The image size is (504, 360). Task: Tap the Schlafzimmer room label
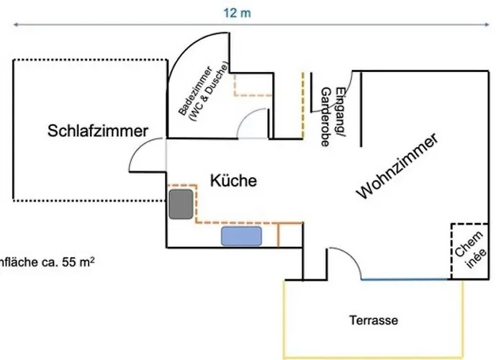coord(98,131)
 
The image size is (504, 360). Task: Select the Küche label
coord(233,181)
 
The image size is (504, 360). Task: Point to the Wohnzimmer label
coord(398,167)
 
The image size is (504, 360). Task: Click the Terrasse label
coord(374,320)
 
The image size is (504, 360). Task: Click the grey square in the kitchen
coord(181,205)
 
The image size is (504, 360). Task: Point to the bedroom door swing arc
coord(140,155)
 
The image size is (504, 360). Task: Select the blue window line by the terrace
coord(410,280)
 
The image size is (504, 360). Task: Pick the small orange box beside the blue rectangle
coord(289,234)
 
